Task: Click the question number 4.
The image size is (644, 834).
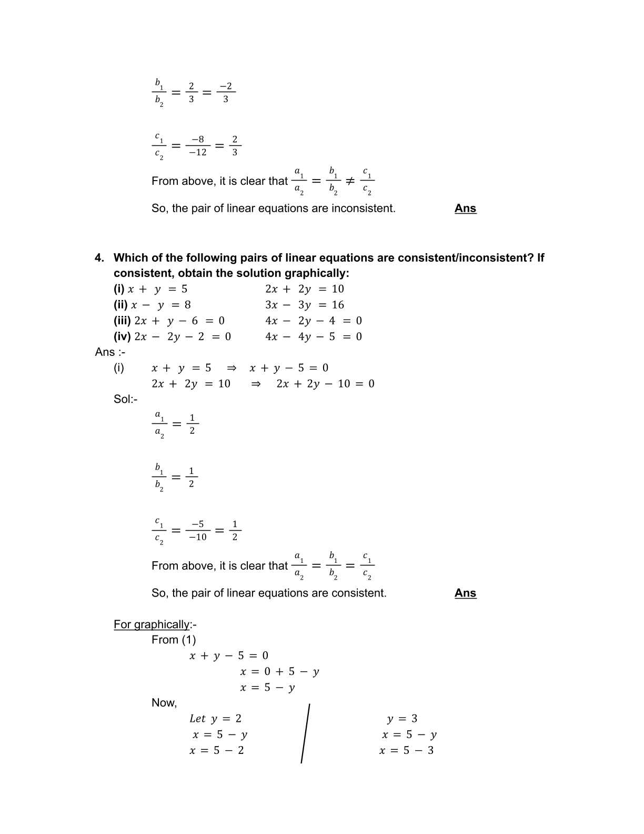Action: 99,258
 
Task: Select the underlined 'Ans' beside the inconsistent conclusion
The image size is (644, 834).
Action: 465,208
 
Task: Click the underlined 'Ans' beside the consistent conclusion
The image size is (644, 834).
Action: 465,593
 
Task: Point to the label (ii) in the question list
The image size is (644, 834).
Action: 121,305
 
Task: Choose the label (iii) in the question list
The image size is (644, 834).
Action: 122,321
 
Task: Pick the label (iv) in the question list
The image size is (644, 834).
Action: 122,336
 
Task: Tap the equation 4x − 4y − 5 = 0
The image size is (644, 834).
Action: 314,336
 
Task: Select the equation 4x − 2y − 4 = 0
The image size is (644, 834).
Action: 314,321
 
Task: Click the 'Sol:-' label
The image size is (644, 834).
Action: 125,399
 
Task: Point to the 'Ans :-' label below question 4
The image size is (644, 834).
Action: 110,352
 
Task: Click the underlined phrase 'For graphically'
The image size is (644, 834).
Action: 152,624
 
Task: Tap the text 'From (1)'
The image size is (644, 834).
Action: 174,640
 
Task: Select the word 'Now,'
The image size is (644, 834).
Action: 164,703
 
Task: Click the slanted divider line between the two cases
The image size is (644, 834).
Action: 305,733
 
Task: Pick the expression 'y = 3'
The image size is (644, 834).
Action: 402,719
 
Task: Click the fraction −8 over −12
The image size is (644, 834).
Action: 198,146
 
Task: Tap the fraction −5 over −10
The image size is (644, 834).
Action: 198,531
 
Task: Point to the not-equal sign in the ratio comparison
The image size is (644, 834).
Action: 349,181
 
